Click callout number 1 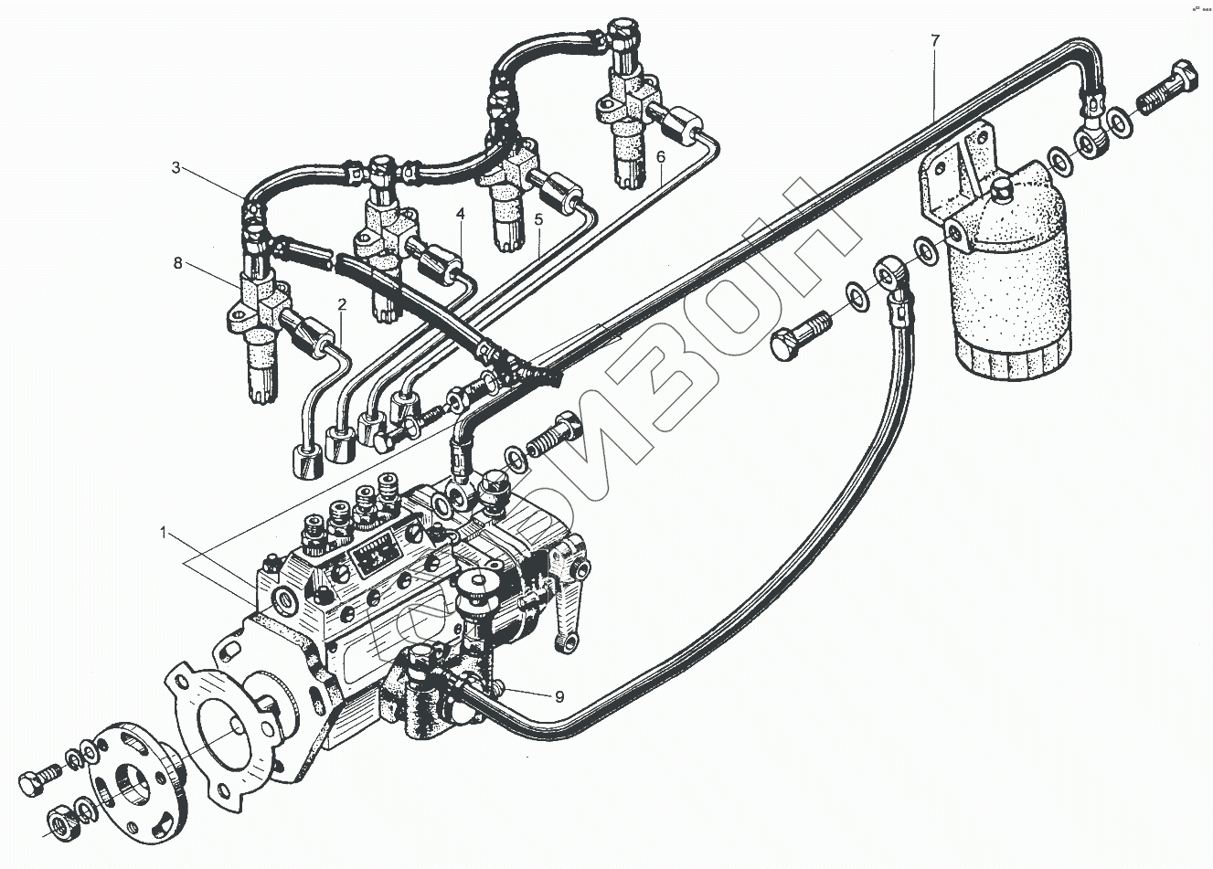click(x=163, y=532)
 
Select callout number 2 click(x=341, y=304)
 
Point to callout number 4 click(x=462, y=214)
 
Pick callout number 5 click(x=538, y=219)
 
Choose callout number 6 click(x=660, y=157)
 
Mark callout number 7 click(x=934, y=40)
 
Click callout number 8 click(x=178, y=264)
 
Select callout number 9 click(x=559, y=695)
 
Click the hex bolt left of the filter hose click(x=800, y=335)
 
